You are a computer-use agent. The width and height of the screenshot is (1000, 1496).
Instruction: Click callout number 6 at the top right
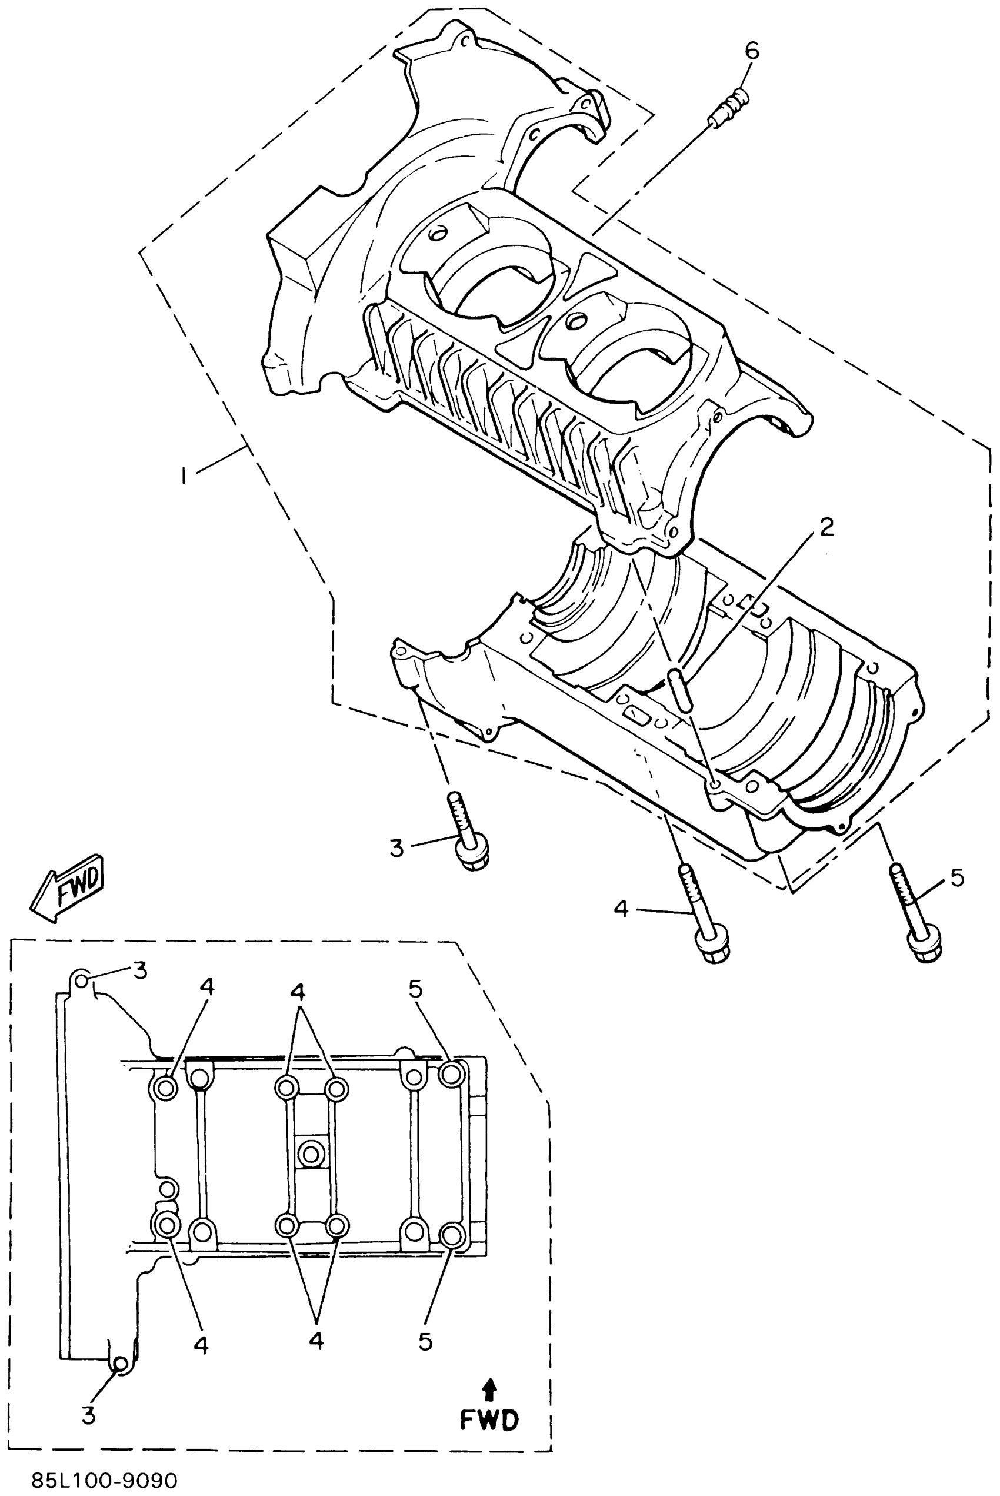click(752, 51)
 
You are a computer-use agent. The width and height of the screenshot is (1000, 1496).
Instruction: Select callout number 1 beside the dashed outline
click(184, 476)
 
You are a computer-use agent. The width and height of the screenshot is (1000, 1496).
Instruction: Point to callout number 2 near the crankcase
click(826, 527)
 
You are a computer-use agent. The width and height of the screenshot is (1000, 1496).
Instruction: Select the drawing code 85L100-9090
click(105, 1480)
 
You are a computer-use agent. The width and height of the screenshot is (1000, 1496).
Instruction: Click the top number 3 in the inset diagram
click(139, 970)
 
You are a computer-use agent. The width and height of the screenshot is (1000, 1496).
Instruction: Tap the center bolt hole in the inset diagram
click(311, 1154)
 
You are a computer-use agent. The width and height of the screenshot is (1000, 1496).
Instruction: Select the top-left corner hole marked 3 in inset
click(82, 979)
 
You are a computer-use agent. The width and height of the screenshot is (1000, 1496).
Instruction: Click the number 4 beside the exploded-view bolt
click(621, 909)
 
